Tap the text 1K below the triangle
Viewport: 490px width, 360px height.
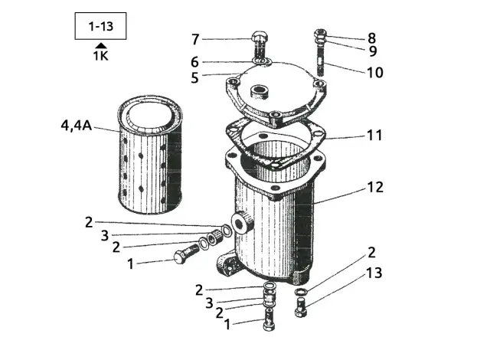[101, 56]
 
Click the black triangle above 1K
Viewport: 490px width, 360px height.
[101, 46]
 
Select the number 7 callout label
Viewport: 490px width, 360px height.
[195, 39]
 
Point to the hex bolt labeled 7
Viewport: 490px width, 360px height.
[260, 43]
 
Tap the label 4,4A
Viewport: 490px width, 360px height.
[76, 125]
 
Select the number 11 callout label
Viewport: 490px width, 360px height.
[374, 136]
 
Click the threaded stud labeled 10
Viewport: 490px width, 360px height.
[319, 61]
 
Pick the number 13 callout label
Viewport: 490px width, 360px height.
[374, 273]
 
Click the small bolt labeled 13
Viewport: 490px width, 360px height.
[299, 309]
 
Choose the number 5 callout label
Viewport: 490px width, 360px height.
[195, 77]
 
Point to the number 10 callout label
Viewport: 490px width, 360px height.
[374, 74]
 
